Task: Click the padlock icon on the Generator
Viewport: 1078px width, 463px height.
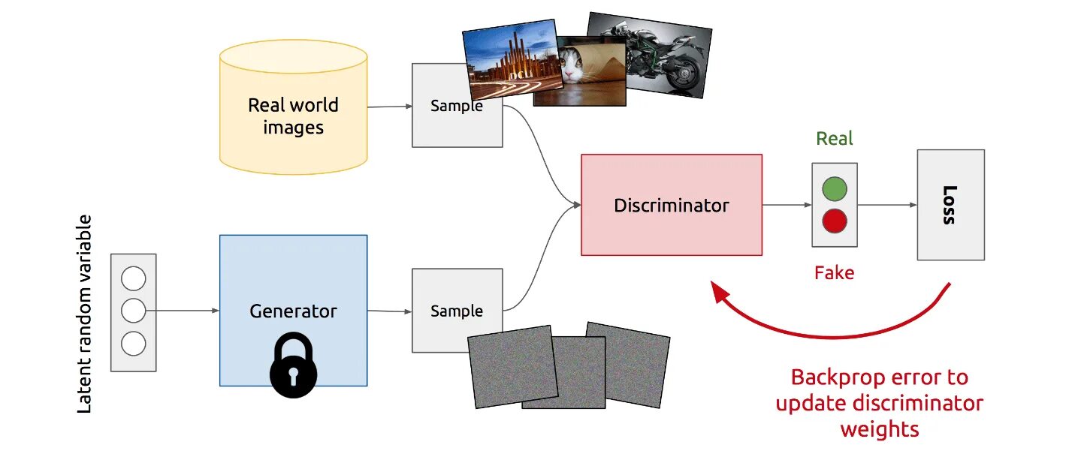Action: coord(293,365)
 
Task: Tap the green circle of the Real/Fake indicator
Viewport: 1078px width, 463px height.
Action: coord(834,189)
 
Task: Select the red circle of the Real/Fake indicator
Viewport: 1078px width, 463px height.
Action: coord(834,221)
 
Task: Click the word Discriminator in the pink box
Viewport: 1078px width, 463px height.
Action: coord(671,205)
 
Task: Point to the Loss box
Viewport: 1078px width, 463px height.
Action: coord(950,205)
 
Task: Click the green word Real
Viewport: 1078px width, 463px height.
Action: coord(835,139)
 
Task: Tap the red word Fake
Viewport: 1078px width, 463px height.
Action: coord(834,272)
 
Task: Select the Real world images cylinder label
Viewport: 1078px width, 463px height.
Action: coord(293,116)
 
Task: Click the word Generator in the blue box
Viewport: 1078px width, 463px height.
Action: coord(293,311)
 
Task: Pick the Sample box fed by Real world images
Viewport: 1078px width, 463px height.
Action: coord(456,106)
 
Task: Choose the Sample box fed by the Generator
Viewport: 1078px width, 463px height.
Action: coord(456,311)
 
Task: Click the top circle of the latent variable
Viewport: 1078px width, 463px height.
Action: coord(133,279)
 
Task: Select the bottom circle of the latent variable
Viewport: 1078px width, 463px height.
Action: coord(133,344)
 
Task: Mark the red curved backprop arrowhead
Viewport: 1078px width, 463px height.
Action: coord(720,292)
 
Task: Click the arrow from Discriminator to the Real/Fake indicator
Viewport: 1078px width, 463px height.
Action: coord(786,204)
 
